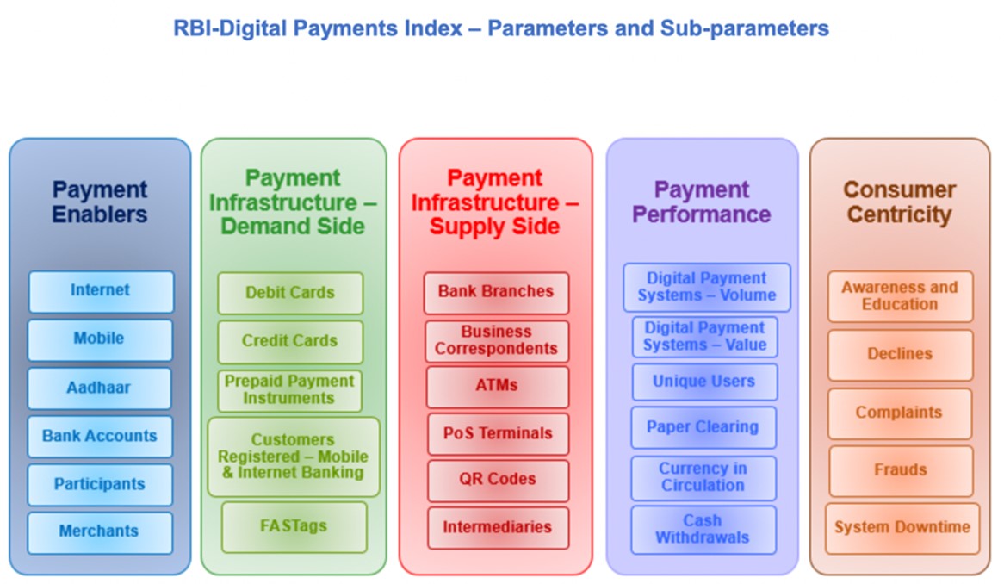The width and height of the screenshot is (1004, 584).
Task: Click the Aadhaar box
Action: (99, 388)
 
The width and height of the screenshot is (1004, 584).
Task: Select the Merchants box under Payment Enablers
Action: (100, 532)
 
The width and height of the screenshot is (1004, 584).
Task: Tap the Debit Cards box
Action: (290, 293)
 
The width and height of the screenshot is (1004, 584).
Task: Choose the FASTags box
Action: (294, 527)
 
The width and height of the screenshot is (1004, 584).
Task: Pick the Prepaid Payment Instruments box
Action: (289, 390)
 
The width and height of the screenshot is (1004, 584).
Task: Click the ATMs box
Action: (498, 387)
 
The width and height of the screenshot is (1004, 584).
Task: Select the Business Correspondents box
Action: (497, 341)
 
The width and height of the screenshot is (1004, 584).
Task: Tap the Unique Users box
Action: (704, 382)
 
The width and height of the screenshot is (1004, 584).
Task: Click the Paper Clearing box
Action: (703, 427)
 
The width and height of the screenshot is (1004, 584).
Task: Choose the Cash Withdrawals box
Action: (703, 530)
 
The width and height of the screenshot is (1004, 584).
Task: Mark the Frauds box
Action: (901, 471)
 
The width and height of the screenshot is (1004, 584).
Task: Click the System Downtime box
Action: (902, 528)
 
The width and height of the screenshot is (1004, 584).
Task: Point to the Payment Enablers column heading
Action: (100, 202)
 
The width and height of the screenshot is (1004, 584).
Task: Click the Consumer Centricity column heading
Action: (900, 202)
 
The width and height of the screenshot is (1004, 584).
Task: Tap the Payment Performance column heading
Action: (702, 202)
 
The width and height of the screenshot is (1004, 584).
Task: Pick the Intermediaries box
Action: (499, 528)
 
